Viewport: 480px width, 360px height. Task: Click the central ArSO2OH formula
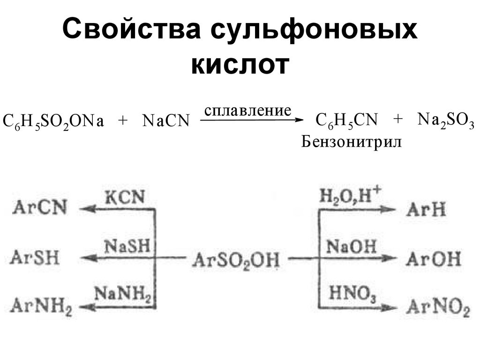click(x=236, y=259)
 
